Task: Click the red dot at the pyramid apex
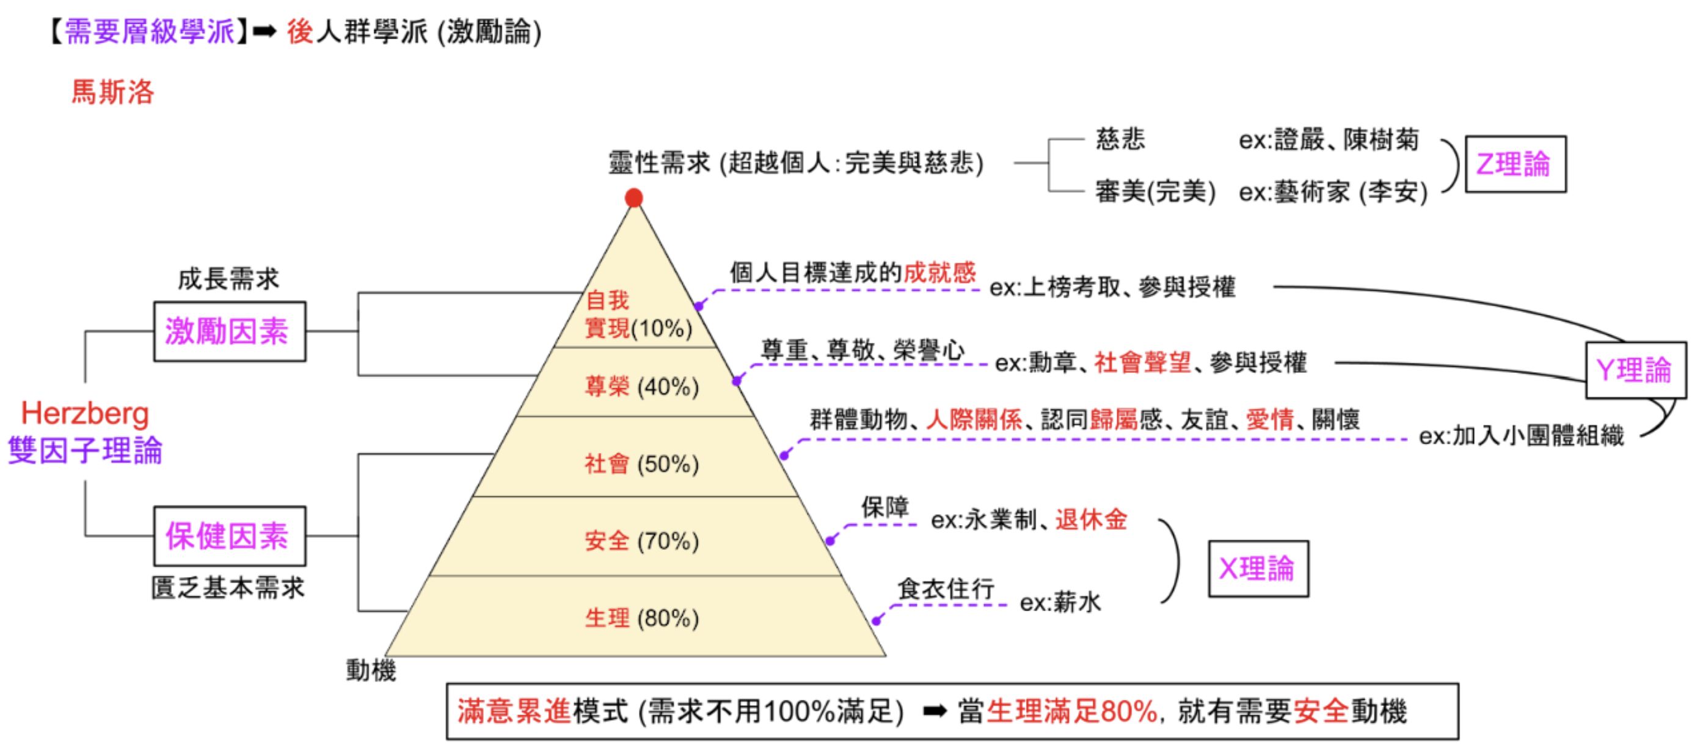[633, 198]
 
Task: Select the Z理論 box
[1515, 164]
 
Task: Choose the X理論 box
[1258, 569]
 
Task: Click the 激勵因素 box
[229, 332]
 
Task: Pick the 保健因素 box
[229, 536]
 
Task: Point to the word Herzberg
[86, 414]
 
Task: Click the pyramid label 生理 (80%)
[642, 619]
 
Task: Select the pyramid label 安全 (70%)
[642, 542]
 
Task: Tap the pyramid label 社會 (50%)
[642, 464]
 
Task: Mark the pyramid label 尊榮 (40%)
[642, 386]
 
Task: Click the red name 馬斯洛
[112, 92]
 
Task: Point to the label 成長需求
[228, 279]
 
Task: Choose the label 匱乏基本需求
[228, 588]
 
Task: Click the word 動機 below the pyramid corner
[371, 671]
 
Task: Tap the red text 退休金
[1091, 520]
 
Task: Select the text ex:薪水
[1059, 603]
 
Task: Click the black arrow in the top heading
[264, 32]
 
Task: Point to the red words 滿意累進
[514, 711]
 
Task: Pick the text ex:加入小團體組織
[1520, 436]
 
